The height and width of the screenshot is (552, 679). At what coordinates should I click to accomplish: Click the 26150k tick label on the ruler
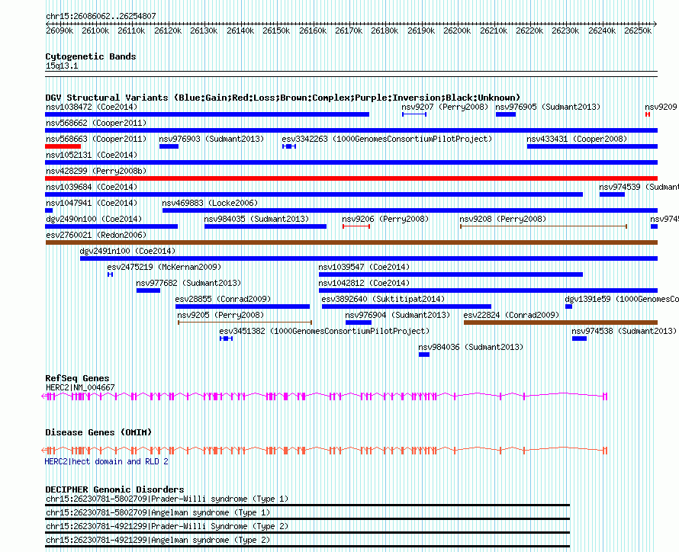pos(276,30)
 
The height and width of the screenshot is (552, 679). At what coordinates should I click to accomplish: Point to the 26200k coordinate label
pos(457,30)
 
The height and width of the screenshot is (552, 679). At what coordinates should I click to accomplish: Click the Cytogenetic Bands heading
pos(90,56)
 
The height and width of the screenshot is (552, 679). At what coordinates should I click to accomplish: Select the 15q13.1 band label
pos(61,66)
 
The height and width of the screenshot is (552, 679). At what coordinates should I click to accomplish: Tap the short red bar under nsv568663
pos(63,146)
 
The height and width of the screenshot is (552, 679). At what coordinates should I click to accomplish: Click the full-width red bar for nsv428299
pos(351,178)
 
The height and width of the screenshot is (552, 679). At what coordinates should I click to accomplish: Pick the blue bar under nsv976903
pos(169,146)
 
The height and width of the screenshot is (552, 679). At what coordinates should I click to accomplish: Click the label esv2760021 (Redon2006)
pos(95,235)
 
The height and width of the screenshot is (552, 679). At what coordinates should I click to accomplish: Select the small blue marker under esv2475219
pos(110,274)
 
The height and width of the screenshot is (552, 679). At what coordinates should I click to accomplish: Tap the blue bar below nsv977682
pos(148,290)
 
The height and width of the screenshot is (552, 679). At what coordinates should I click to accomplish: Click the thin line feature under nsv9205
pos(244,323)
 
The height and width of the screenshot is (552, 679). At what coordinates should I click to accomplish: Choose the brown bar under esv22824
pos(560,323)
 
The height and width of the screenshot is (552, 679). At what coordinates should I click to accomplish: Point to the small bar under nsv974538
pos(579,339)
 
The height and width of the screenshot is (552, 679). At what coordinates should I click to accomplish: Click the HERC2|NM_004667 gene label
pos(80,387)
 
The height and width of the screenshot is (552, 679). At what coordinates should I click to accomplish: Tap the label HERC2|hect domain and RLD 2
pos(106,461)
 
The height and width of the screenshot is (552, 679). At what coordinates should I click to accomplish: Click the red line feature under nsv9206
pos(356,226)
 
